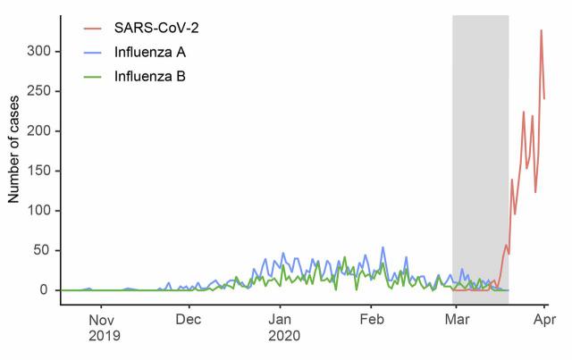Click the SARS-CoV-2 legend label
(156, 28)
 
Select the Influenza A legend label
(150, 52)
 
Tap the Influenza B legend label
(150, 77)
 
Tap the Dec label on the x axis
(189, 319)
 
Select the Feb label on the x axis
(371, 319)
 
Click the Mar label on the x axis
(454, 319)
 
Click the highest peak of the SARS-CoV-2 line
(541, 30)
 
